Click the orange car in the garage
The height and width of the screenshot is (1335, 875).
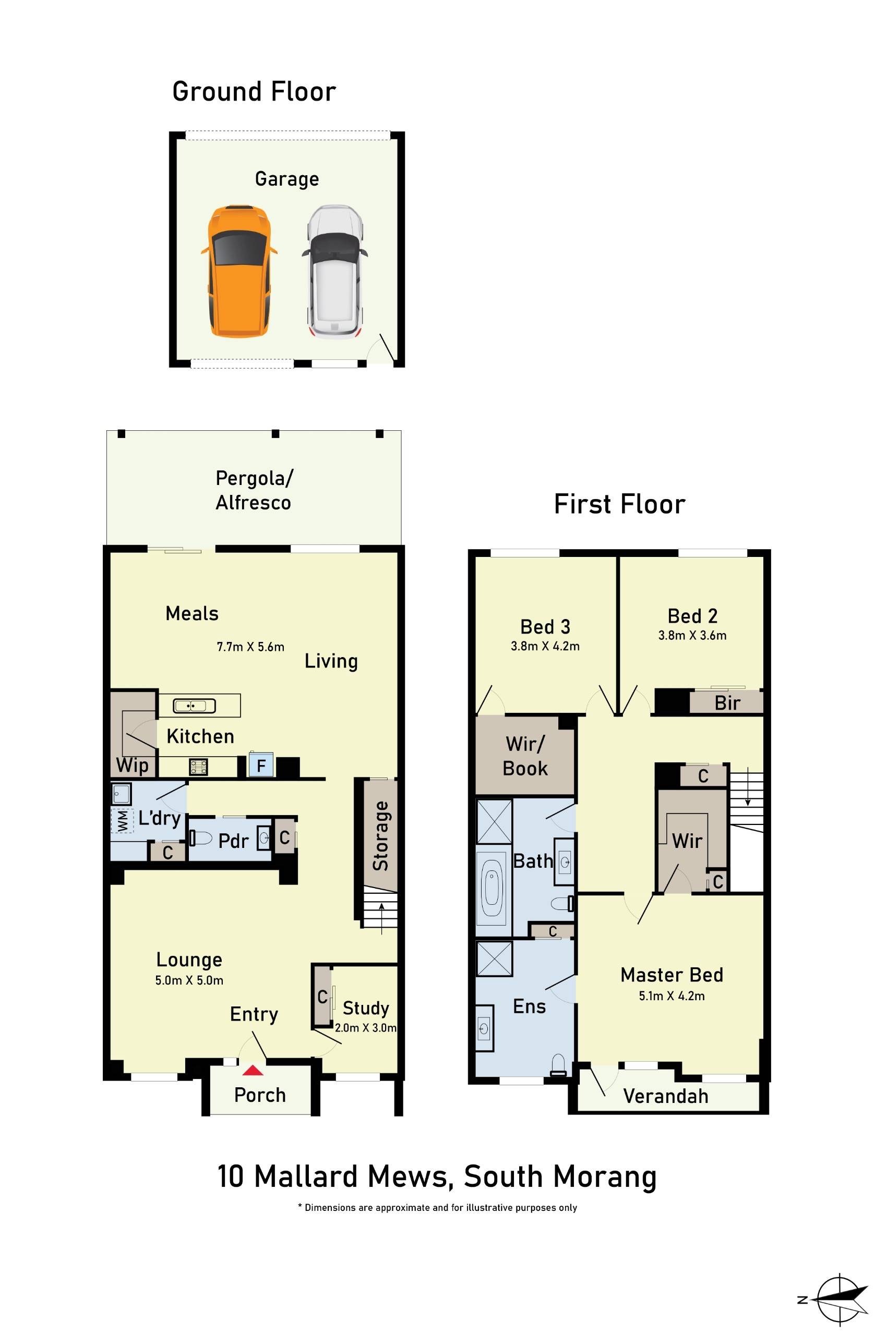tap(239, 272)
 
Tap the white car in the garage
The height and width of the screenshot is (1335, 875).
tap(334, 272)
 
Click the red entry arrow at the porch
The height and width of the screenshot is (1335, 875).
tap(253, 1070)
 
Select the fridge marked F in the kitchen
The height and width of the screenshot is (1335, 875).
tap(261, 765)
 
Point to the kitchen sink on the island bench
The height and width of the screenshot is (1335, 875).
tap(194, 706)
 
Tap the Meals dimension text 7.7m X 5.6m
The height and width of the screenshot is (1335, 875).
tap(250, 647)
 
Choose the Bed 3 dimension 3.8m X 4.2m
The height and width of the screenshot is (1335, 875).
tap(544, 646)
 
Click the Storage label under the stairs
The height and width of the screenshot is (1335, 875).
tap(381, 836)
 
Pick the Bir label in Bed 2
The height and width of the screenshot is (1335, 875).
tap(727, 703)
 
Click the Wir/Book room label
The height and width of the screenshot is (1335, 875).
tap(525, 756)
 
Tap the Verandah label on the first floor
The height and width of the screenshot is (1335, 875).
tap(665, 1096)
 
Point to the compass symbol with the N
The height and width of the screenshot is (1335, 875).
tap(840, 1299)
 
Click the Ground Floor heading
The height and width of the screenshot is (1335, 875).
tap(254, 91)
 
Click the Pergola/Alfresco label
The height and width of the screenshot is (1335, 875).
tap(254, 490)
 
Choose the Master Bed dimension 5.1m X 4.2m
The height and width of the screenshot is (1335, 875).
tap(672, 996)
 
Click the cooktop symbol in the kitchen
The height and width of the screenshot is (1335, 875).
tap(199, 766)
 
